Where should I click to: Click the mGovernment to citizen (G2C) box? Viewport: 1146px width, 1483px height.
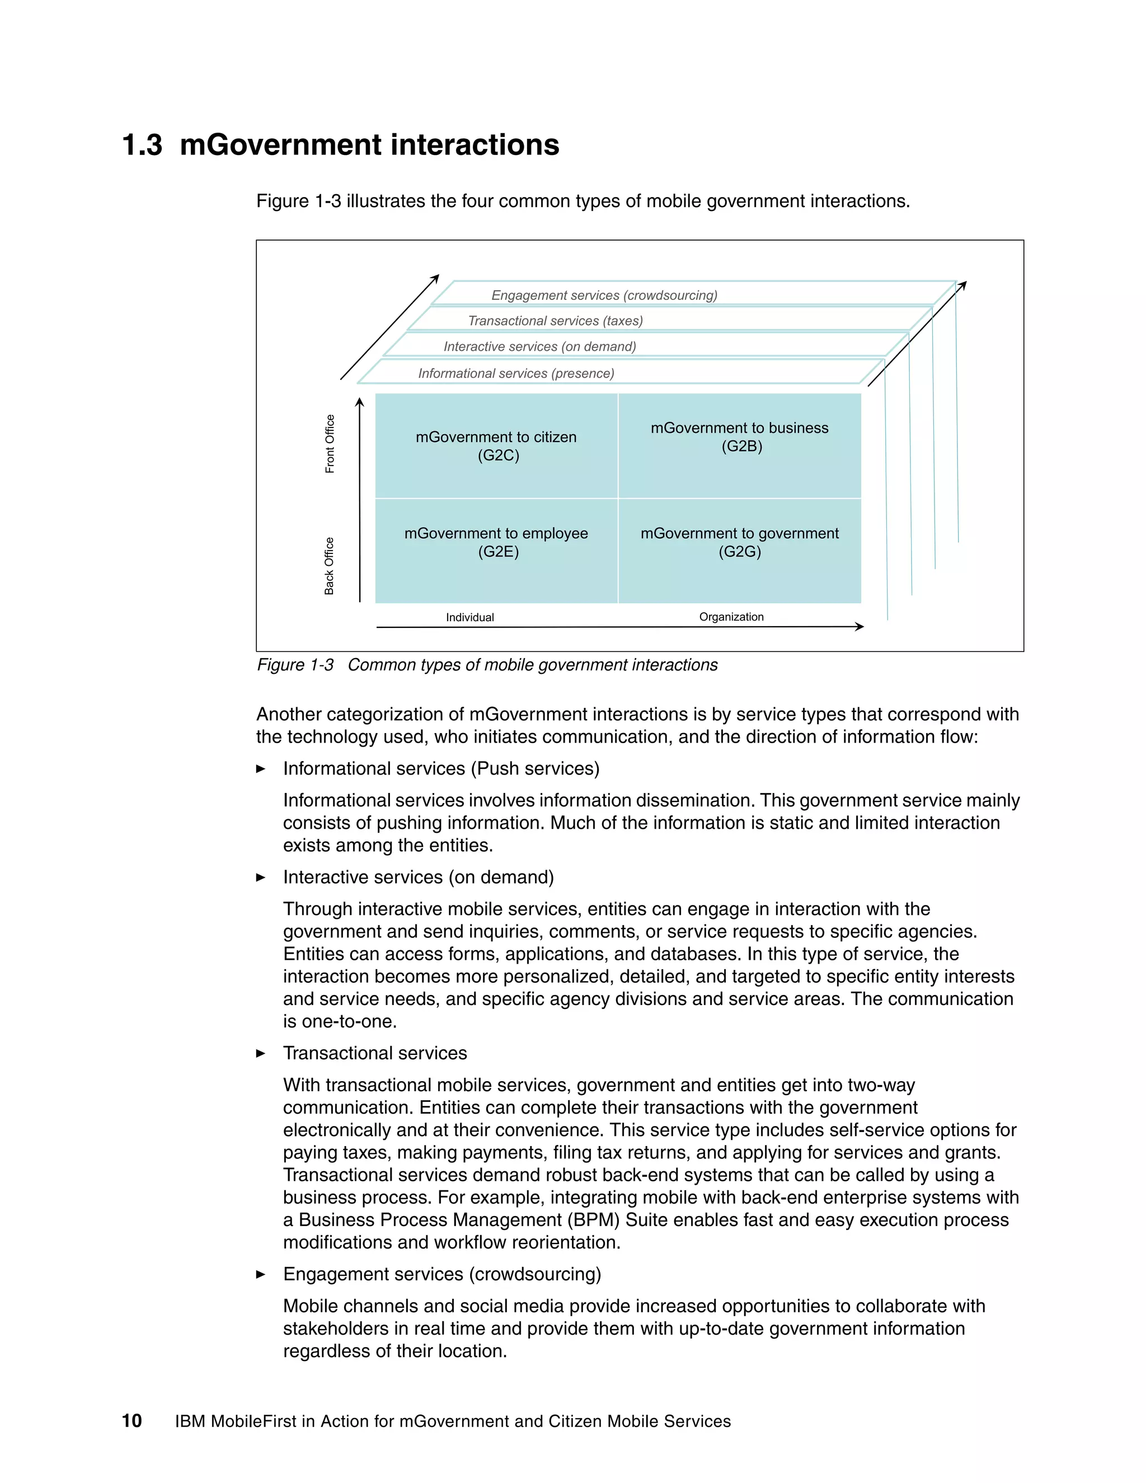pos(496,446)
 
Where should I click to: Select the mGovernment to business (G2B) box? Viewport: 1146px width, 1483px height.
pos(740,437)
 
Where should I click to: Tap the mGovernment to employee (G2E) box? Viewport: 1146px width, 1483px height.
pos(496,542)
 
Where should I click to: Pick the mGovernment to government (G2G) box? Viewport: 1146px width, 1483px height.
pos(740,542)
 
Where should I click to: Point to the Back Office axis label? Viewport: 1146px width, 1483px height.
pos(329,566)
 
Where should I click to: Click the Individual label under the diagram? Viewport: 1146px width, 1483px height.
pos(470,617)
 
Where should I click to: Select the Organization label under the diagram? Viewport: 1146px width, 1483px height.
pos(731,617)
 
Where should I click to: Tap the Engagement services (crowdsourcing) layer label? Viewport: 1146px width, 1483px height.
pos(604,295)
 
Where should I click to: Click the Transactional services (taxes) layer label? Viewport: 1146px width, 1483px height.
pos(555,321)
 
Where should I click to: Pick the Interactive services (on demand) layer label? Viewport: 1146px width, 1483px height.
pos(540,346)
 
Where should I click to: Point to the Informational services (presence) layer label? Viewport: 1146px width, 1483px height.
pos(516,373)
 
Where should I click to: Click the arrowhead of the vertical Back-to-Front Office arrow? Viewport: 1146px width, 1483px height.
pos(360,403)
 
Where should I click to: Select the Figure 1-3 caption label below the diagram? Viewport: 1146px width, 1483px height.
pos(295,665)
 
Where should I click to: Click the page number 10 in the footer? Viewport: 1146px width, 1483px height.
pos(131,1421)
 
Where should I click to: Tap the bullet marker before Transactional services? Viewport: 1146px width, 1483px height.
pos(261,1053)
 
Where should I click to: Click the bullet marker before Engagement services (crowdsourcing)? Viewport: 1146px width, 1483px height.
pos(261,1274)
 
